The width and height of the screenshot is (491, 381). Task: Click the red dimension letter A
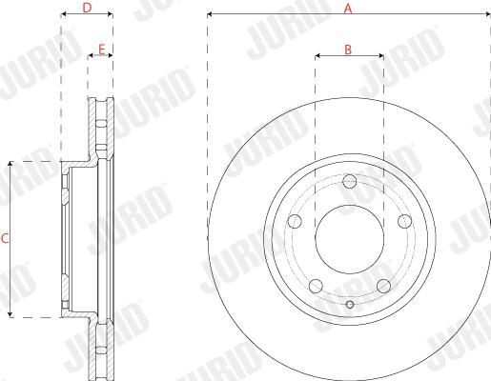(348, 9)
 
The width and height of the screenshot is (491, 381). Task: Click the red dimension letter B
(348, 50)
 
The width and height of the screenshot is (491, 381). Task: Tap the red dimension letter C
(5, 239)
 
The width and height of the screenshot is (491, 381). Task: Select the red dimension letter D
(87, 8)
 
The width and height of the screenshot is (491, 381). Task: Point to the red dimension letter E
(101, 50)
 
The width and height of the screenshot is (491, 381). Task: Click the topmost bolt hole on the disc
(350, 181)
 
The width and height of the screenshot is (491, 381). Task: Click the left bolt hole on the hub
(295, 221)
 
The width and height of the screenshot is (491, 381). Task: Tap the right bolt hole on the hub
(405, 221)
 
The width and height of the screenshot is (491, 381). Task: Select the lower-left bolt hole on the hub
(316, 286)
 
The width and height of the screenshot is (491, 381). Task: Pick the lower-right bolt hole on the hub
(383, 286)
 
